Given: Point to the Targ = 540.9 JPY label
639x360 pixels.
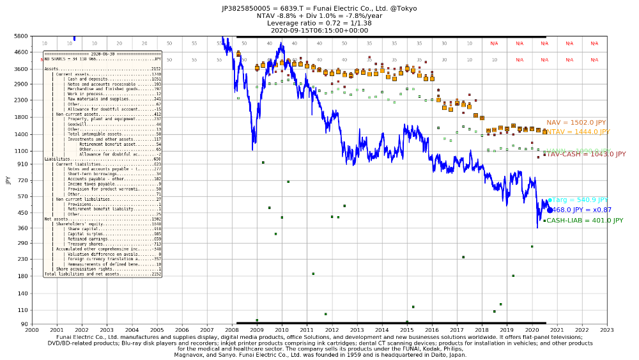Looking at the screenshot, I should [579, 200].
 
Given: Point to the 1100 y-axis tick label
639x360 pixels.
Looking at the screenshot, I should [20, 151].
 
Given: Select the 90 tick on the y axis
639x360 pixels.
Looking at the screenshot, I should [24, 324].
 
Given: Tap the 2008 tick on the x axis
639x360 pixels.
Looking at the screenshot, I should [231, 330].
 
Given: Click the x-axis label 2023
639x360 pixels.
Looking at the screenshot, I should [606, 330].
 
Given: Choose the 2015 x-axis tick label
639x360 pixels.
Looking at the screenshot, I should [406, 330].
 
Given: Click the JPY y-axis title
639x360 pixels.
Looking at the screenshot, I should [8, 180].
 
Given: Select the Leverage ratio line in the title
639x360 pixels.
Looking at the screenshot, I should [319, 22].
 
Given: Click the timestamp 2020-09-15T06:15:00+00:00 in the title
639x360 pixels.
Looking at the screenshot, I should [319, 29].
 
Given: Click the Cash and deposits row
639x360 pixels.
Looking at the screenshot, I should [102, 79].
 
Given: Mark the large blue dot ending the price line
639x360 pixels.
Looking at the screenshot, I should [550, 210].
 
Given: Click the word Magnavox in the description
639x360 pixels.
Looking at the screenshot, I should [190, 354].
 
